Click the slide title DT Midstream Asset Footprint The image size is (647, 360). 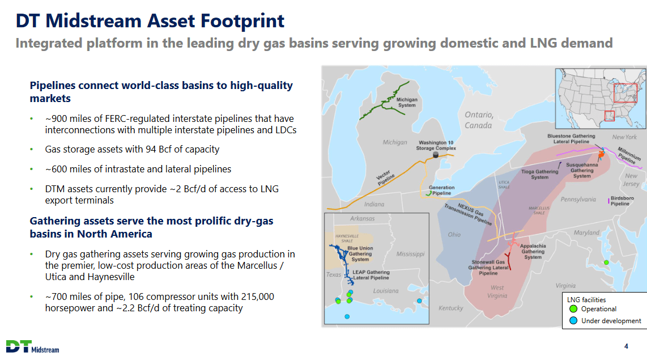coord(150,21)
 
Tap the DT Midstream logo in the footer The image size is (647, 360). coord(32,346)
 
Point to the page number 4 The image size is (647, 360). coord(625,346)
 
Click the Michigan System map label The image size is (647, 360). coord(407,103)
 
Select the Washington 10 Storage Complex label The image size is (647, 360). coord(436,145)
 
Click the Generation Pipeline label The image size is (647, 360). coord(441,190)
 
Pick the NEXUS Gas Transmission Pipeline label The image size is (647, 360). coord(468,214)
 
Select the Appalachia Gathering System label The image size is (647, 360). coord(533,251)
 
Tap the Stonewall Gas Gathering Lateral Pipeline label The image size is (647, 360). coord(488,268)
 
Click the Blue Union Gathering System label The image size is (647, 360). coord(360,253)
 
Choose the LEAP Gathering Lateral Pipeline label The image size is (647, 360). coord(371,275)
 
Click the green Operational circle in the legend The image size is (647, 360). coord(573,309)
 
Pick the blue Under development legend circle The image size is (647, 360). coord(573,321)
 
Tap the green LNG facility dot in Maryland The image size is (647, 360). coord(606,262)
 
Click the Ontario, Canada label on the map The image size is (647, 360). coord(479,120)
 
